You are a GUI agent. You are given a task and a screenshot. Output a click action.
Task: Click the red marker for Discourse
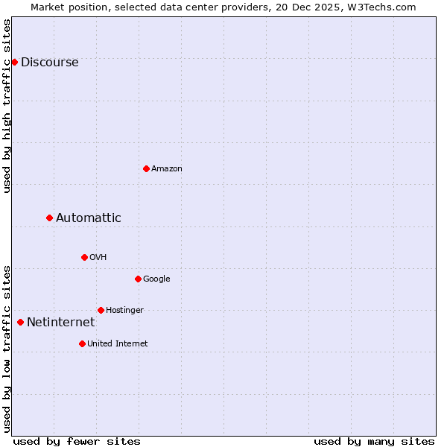click(14, 62)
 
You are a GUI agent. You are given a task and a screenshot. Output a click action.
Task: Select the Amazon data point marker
click(146, 168)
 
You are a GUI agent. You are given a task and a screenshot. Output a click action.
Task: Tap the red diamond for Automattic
click(49, 218)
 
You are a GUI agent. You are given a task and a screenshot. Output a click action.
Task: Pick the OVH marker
click(84, 257)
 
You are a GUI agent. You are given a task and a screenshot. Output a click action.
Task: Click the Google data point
click(138, 279)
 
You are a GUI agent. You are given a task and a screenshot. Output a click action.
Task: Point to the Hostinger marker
click(101, 310)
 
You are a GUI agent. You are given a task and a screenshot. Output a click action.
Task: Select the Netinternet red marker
click(20, 322)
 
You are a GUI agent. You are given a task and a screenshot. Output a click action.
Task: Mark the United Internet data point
click(82, 343)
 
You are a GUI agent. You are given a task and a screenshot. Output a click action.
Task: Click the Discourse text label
click(49, 63)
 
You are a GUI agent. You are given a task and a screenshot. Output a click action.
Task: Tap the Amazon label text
click(167, 169)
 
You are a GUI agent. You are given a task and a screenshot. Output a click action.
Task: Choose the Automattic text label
click(88, 218)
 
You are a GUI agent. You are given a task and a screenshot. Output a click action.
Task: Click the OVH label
click(98, 258)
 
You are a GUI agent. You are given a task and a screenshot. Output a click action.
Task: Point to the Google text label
click(156, 279)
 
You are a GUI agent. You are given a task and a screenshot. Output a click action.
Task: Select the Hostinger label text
click(124, 311)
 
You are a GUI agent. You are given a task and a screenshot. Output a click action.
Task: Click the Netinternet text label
click(60, 323)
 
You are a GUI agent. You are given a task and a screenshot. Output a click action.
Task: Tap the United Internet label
click(117, 344)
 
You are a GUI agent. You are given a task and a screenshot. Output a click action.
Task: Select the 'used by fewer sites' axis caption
click(77, 441)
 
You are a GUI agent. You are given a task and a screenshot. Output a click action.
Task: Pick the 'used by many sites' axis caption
click(374, 441)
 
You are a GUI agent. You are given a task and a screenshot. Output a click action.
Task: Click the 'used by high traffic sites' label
click(7, 106)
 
